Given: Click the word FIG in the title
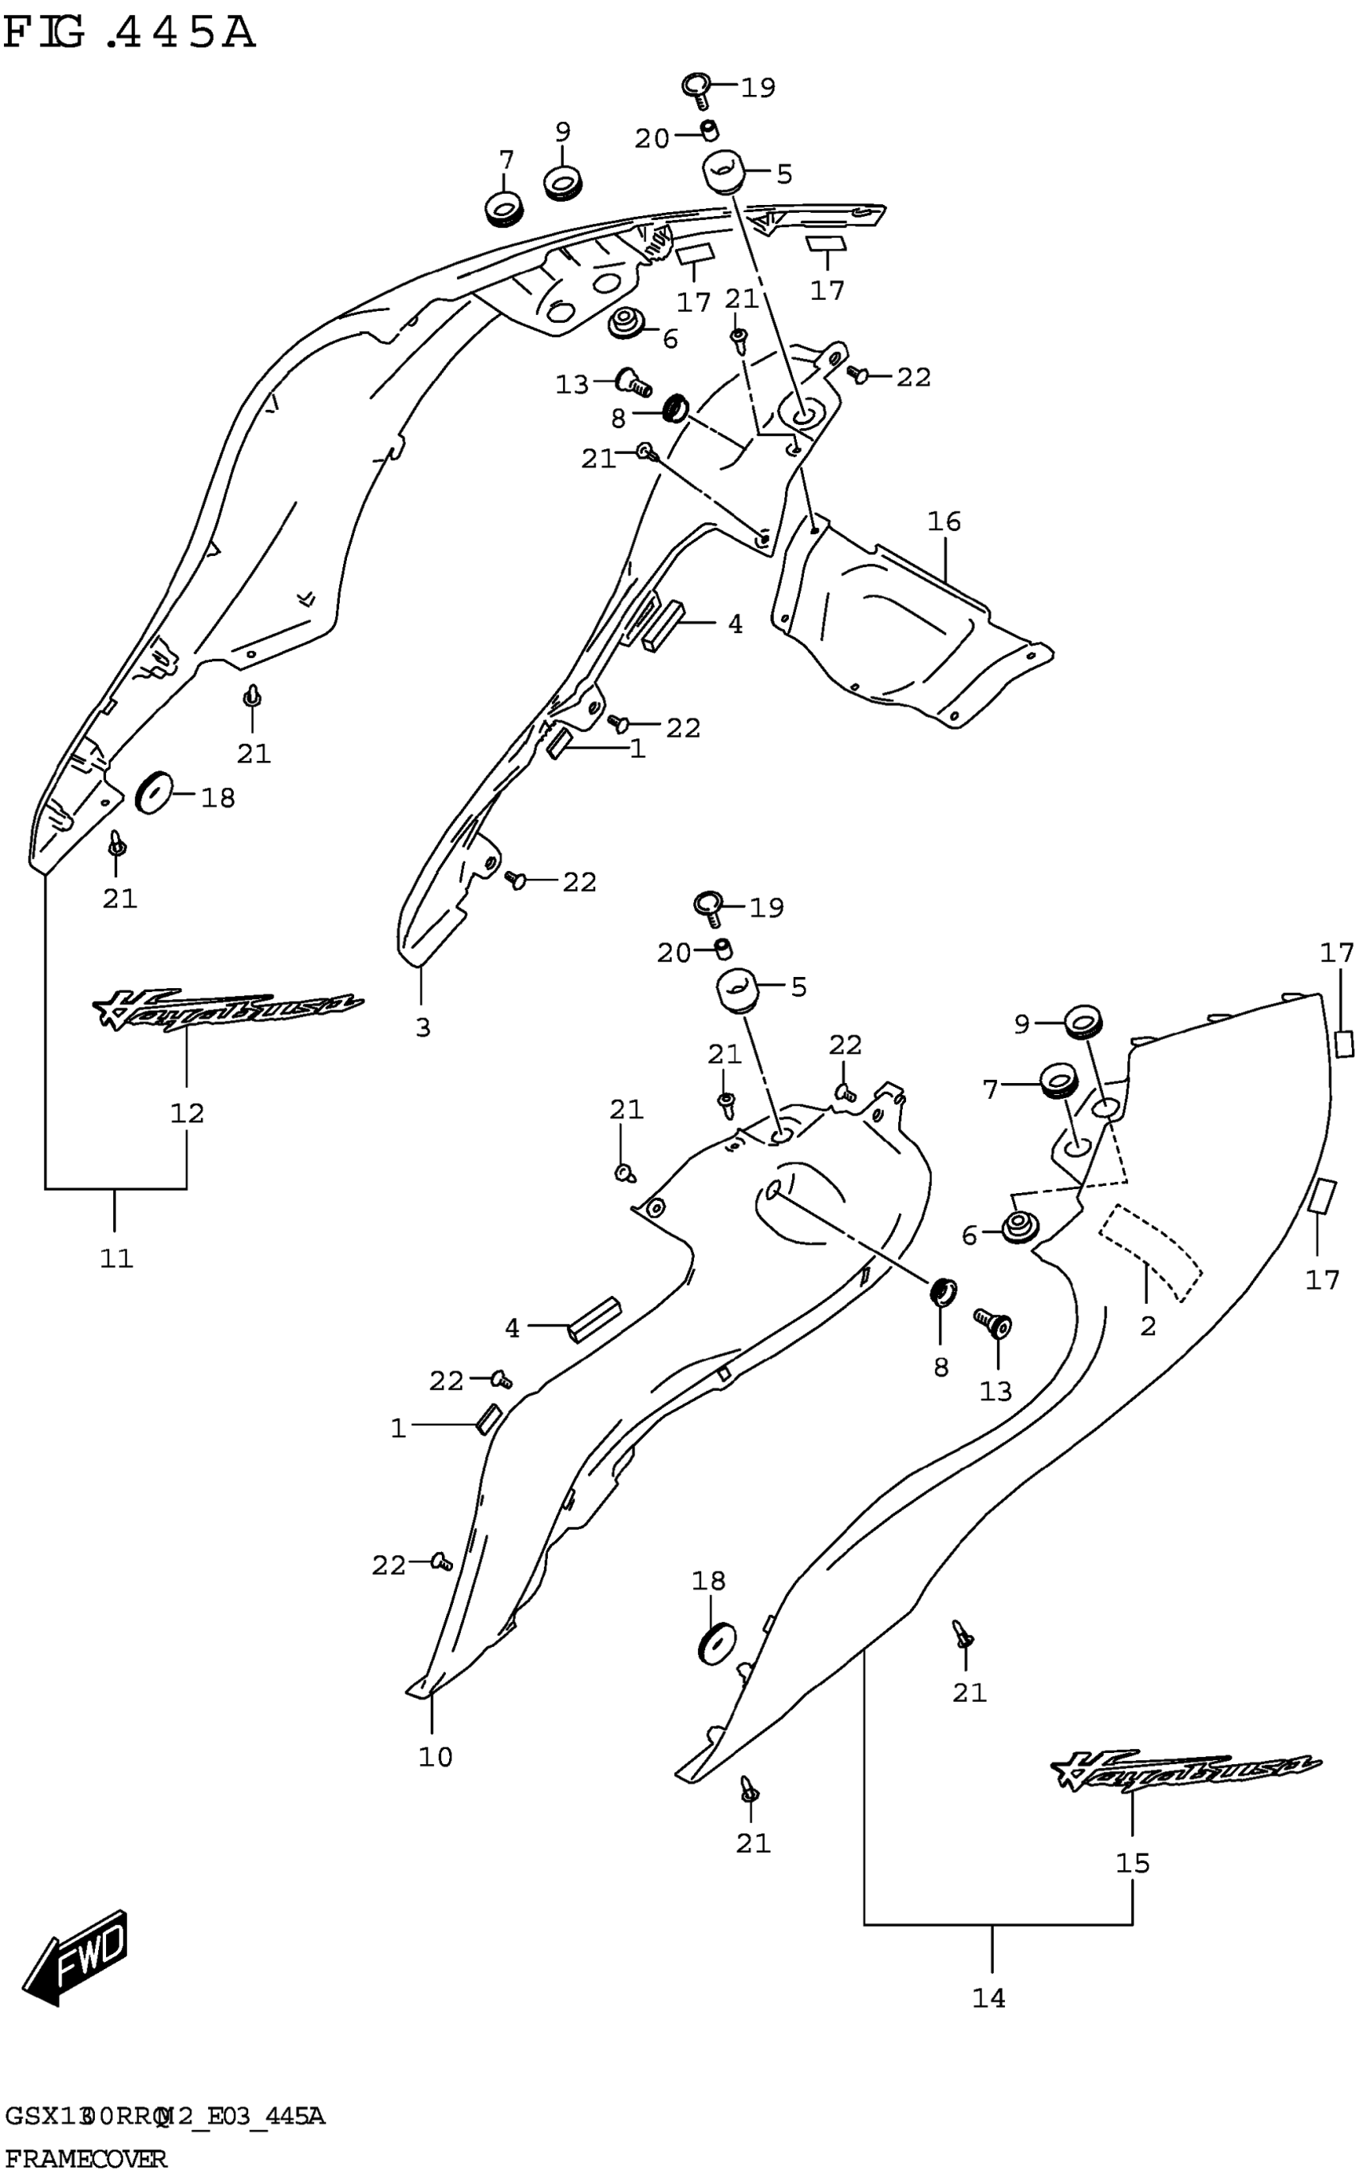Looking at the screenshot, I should (45, 34).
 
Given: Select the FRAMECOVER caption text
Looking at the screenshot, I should (85, 2157).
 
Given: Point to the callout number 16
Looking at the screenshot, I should (944, 521).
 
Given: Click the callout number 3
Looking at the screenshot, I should (424, 1027).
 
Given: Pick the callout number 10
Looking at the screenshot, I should (436, 1757).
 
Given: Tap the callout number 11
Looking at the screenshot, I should (116, 1258).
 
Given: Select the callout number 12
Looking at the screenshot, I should (187, 1113).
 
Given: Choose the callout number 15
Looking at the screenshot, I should (1133, 1863).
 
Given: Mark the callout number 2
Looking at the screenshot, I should (1149, 1326).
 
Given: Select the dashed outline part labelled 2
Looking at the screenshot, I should (1153, 1252).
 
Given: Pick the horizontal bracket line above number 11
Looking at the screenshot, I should (116, 1189).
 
